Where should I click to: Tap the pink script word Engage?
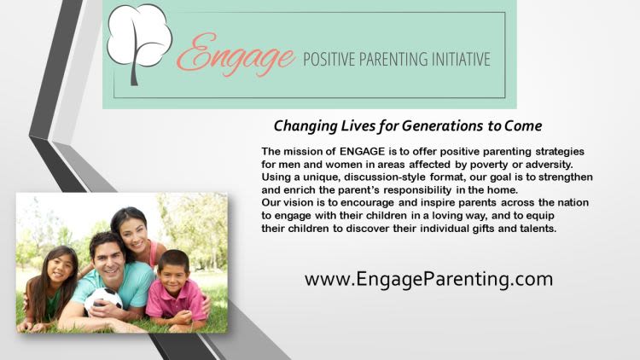(236, 55)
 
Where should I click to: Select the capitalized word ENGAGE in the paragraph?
(362, 152)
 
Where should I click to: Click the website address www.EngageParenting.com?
(428, 280)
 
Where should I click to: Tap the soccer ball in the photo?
(103, 301)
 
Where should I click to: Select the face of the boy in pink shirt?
(173, 276)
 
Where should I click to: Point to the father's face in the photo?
(108, 260)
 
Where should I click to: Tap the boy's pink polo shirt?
(176, 301)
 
